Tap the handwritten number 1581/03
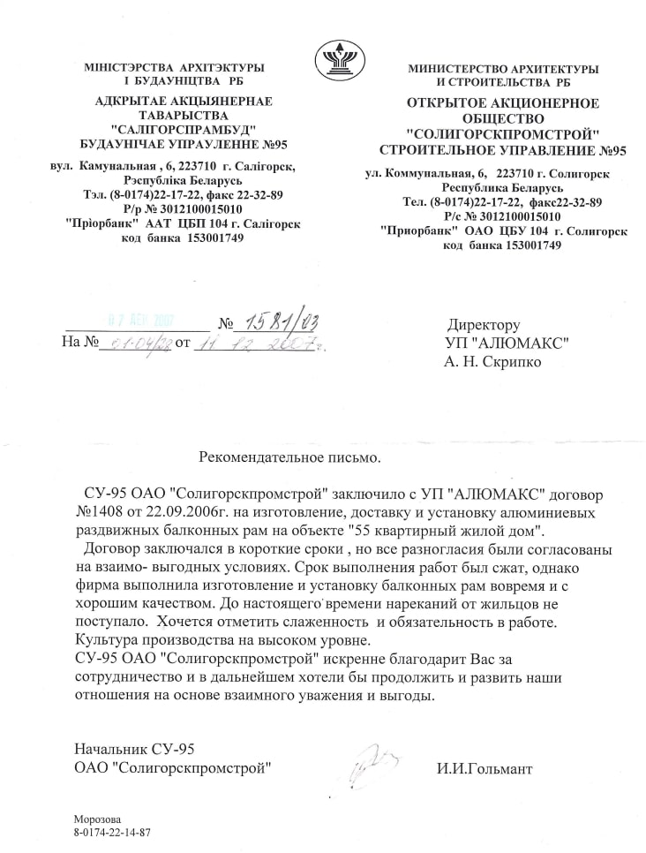274,320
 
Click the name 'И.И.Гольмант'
484,768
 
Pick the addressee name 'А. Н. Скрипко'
495,361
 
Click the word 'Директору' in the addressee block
484,324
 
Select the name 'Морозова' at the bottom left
97,819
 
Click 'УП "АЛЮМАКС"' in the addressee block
507,343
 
